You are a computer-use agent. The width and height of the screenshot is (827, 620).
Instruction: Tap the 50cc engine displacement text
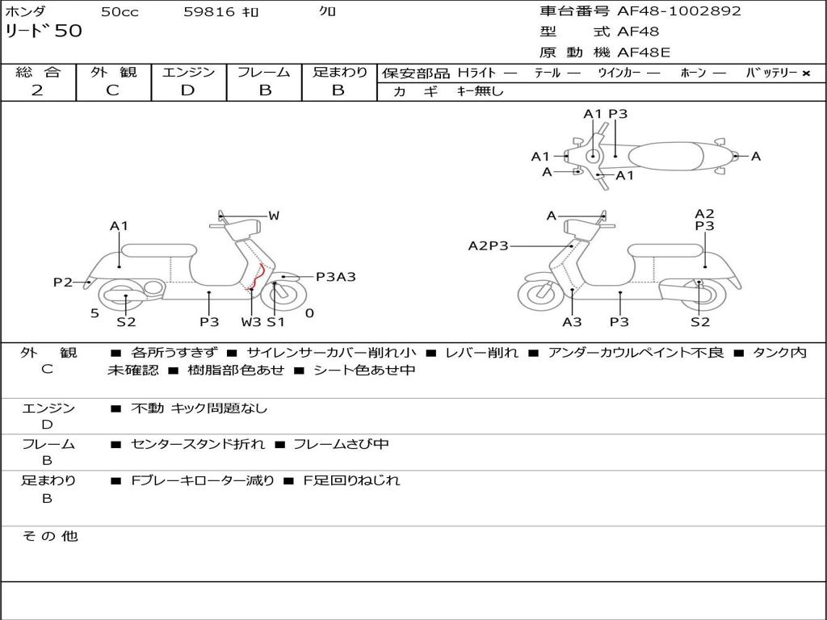[120, 12]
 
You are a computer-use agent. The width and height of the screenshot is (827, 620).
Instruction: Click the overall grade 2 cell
[38, 90]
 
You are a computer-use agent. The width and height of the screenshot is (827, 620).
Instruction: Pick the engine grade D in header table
[188, 90]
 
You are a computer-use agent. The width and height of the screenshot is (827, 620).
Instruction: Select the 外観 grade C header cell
[113, 90]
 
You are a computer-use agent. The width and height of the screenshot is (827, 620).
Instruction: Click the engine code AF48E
[644, 53]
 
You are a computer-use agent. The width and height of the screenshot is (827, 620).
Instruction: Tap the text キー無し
[480, 91]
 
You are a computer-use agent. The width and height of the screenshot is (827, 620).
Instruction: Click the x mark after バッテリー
[805, 73]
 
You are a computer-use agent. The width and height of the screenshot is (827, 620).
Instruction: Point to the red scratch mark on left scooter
[258, 278]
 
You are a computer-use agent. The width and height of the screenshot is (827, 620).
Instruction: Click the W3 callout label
[251, 322]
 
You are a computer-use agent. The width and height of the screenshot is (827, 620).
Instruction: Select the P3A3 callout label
[335, 277]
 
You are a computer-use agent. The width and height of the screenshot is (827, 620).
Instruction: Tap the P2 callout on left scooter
[63, 282]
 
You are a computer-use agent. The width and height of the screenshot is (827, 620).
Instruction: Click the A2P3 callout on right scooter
[488, 245]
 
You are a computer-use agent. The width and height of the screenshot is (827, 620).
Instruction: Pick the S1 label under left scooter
[276, 322]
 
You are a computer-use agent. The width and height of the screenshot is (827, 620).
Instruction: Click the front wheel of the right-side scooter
[540, 296]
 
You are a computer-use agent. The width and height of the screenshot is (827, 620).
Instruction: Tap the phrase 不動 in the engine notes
[147, 408]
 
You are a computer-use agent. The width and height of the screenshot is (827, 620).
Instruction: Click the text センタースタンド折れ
[197, 445]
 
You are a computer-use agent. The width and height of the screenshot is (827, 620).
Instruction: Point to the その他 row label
[49, 536]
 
